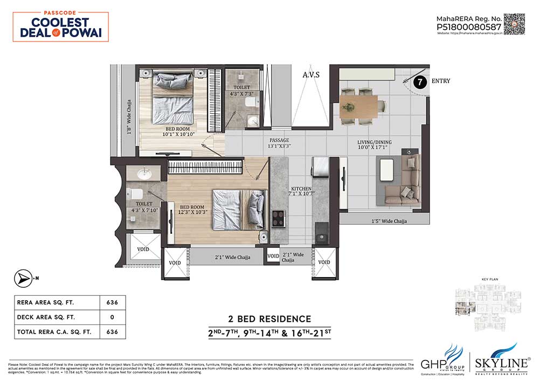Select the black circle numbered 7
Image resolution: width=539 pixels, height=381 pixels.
[420, 82]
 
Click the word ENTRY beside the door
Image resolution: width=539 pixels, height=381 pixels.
[440, 81]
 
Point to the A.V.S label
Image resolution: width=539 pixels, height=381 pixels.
[311, 75]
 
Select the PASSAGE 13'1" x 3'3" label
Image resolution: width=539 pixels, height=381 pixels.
[280, 142]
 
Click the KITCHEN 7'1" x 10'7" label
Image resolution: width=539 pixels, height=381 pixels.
[300, 192]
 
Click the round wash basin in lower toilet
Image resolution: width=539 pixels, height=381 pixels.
[144, 175]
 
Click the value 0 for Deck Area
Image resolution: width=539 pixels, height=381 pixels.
[112, 317]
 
